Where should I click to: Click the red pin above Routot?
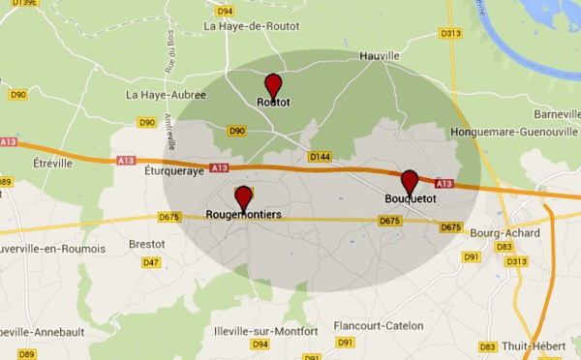click(273, 84)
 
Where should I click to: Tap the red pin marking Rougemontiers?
click(243, 197)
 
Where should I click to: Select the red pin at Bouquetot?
click(410, 181)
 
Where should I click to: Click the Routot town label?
click(273, 102)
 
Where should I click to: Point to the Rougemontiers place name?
click(244, 215)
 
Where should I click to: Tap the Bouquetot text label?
click(411, 199)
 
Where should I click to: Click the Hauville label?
click(379, 57)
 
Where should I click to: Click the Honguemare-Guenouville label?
click(514, 131)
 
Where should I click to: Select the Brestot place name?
click(147, 245)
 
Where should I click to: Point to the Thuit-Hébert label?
click(541, 346)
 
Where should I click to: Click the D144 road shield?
click(320, 156)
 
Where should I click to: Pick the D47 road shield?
click(151, 262)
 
